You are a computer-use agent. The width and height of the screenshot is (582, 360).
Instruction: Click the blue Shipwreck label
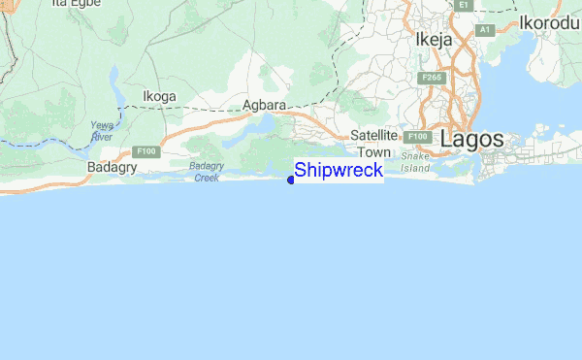(339, 171)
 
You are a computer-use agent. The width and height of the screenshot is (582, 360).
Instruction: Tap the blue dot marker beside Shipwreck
(291, 179)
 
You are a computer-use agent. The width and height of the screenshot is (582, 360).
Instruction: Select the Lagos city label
(471, 139)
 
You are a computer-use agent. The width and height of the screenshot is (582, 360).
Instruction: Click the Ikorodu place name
(549, 22)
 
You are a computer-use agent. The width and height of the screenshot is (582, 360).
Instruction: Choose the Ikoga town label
(160, 96)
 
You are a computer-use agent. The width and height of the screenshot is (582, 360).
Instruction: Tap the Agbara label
(264, 105)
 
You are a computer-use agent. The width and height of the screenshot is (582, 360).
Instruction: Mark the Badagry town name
(112, 167)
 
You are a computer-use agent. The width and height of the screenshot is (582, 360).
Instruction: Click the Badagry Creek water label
(207, 172)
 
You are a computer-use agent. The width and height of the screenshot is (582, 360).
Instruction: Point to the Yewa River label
(101, 131)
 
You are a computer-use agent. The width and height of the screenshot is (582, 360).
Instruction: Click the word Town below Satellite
(373, 152)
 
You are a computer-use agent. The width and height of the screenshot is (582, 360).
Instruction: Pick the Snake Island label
(415, 162)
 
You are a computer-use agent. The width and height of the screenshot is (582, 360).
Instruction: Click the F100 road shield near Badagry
(146, 151)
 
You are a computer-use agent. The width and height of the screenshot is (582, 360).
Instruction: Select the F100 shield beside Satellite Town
(416, 137)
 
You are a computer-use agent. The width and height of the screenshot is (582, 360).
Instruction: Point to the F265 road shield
(432, 77)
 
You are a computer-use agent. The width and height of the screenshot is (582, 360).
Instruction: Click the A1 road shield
(486, 30)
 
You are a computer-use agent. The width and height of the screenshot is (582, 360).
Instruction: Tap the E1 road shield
(464, 5)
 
